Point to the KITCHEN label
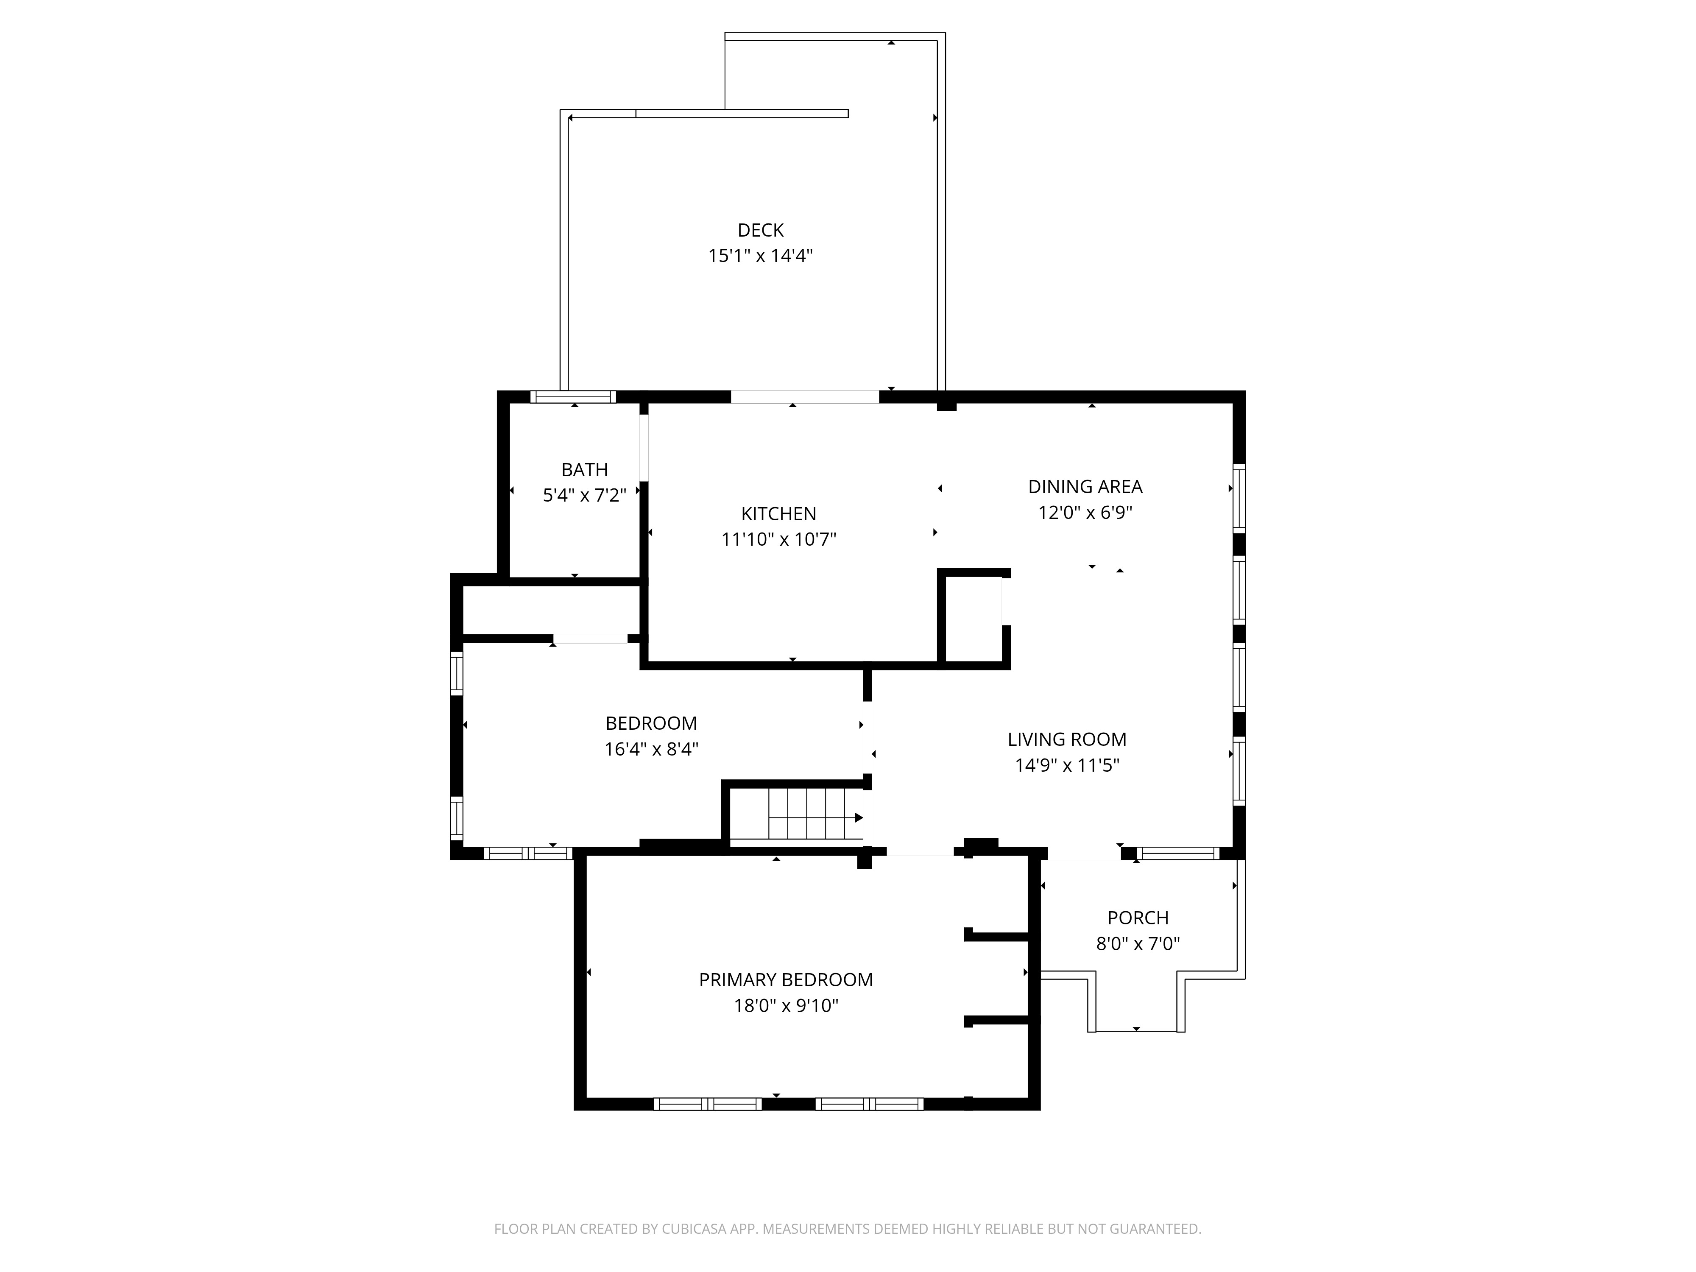tap(778, 514)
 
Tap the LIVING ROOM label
tap(1066, 739)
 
